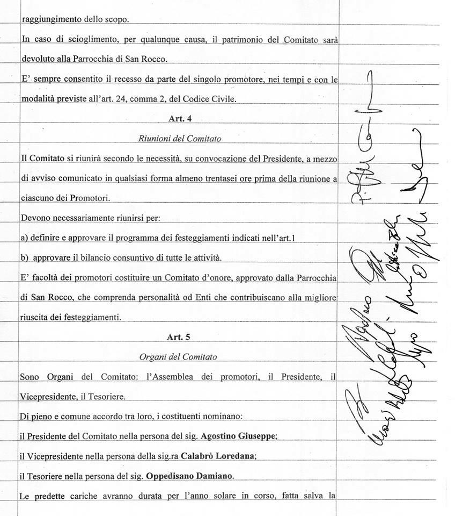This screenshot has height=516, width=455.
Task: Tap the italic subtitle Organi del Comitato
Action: tap(178, 356)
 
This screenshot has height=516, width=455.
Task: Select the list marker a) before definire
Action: tap(24, 238)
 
